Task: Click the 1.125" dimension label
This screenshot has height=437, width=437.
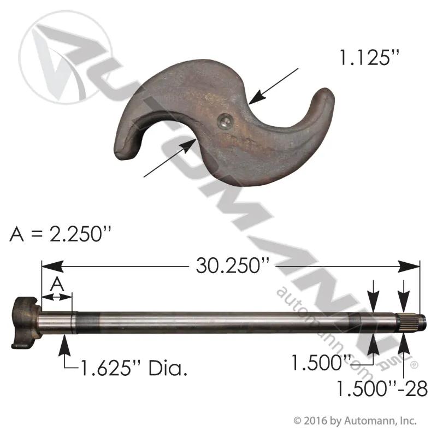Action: point(369,58)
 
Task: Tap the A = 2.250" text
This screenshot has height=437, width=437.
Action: point(61,234)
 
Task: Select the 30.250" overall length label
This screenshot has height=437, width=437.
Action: point(233,265)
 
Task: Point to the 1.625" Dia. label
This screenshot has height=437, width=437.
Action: point(133,368)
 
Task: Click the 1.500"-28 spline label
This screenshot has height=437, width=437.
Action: point(382,388)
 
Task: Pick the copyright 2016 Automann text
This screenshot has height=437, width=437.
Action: point(355,421)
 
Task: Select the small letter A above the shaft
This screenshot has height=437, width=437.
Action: point(57,284)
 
